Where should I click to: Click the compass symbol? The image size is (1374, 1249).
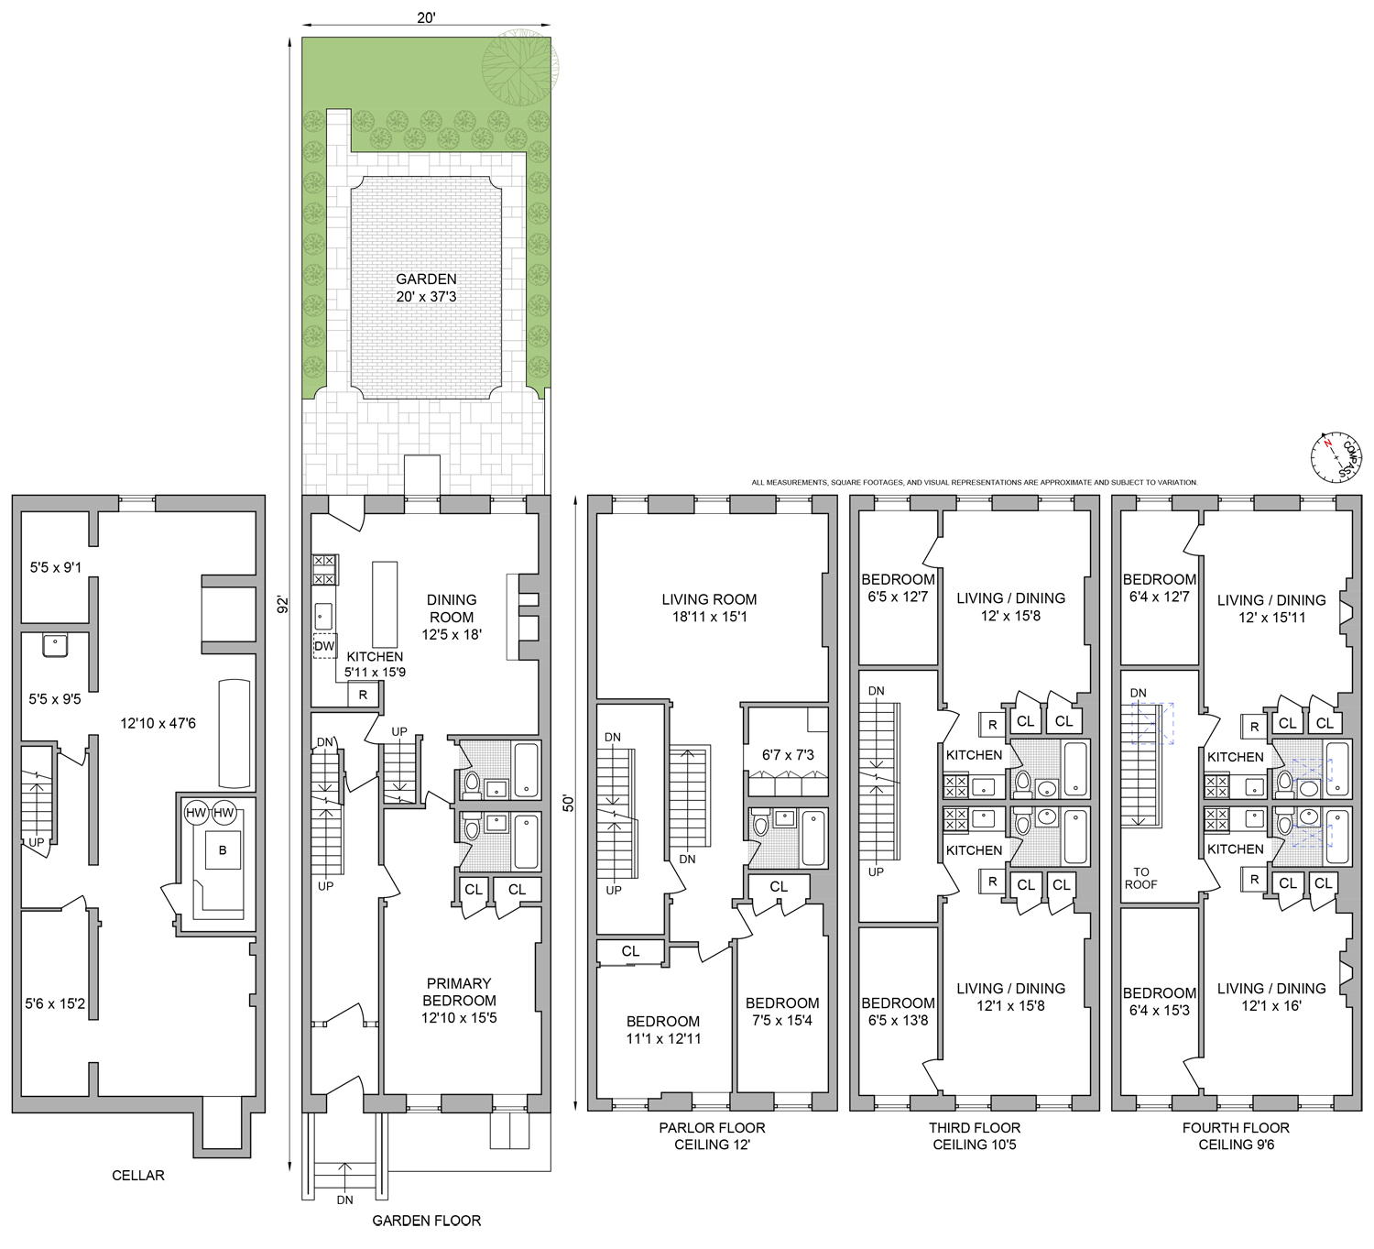tap(1333, 455)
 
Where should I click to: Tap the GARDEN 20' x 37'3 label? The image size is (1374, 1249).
tap(426, 288)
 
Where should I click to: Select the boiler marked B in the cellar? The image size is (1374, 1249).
tap(222, 850)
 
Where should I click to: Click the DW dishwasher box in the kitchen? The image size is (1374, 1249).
tap(324, 646)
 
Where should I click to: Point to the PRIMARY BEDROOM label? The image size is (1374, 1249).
tap(459, 1000)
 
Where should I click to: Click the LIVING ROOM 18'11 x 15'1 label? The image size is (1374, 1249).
tap(709, 608)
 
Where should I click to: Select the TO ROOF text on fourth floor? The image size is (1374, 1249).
tap(1140, 878)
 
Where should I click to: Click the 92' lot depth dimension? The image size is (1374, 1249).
tap(284, 605)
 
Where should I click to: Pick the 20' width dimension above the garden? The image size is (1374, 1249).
tap(426, 17)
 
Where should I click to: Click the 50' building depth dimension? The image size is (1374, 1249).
tap(569, 803)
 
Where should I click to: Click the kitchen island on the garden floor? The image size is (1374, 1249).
tap(385, 605)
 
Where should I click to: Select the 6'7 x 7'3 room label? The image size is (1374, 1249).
tap(788, 755)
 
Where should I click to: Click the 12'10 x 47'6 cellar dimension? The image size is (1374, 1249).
tap(158, 723)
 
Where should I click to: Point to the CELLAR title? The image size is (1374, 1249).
tap(138, 1175)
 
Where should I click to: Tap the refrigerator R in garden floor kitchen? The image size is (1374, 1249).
tap(363, 695)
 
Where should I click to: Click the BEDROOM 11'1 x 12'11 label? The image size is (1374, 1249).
tap(663, 1030)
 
